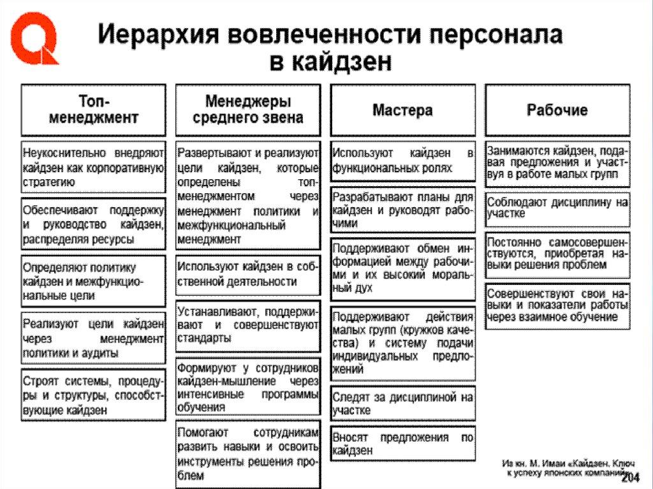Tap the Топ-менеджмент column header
(94, 110)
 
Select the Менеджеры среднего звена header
(248, 110)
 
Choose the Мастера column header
(402, 110)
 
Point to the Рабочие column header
(557, 110)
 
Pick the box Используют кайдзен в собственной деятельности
(248, 274)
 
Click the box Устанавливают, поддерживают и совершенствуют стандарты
(248, 325)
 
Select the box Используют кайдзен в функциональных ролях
(402, 161)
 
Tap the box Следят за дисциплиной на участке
(402, 404)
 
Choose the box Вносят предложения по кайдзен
(402, 444)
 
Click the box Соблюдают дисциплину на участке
(557, 208)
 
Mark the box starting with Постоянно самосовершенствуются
(557, 254)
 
